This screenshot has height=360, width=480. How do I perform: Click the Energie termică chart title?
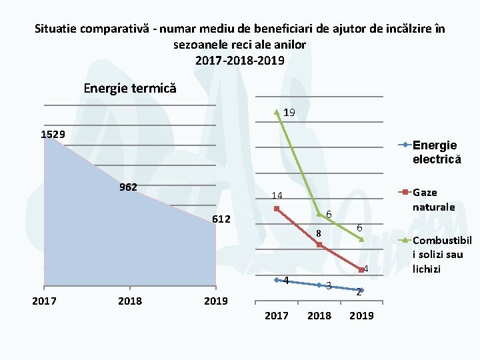(x=130, y=88)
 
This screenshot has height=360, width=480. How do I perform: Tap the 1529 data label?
(x=53, y=135)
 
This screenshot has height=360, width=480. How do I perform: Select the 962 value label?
(x=128, y=187)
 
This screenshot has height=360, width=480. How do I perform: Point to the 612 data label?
(x=221, y=220)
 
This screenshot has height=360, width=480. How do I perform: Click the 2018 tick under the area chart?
(x=129, y=301)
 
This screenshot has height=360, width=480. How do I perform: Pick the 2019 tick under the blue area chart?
(x=215, y=301)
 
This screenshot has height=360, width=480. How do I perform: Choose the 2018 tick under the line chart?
(x=319, y=315)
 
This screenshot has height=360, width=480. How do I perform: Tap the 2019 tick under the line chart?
(x=362, y=315)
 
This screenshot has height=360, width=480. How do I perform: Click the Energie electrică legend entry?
(x=435, y=152)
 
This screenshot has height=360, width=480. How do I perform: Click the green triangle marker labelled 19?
(x=277, y=112)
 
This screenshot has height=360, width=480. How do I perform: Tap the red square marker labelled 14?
(x=277, y=209)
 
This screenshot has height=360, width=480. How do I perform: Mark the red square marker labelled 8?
(x=319, y=245)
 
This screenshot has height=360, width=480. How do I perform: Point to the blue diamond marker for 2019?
(x=361, y=290)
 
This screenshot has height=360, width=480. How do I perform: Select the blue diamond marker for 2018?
(x=319, y=285)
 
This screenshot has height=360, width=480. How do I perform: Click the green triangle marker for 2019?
(x=361, y=239)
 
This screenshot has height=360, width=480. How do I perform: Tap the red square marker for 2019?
(x=361, y=270)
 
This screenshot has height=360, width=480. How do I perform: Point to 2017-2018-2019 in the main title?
(x=239, y=60)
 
